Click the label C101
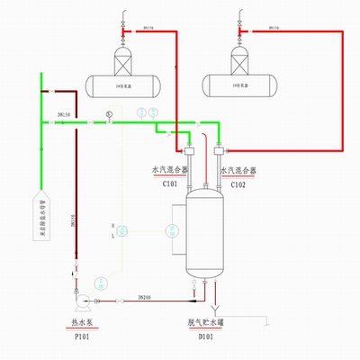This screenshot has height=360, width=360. click(x=168, y=184)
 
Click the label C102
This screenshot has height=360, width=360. click(x=238, y=184)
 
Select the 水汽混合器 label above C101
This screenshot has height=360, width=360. click(x=168, y=170)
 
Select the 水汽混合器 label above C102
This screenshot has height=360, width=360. click(x=238, y=170)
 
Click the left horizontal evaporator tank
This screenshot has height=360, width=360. click(x=121, y=85)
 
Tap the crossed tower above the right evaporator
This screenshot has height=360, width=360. click(x=239, y=60)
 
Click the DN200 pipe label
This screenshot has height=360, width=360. click(x=143, y=294)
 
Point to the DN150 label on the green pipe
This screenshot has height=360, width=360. click(x=64, y=114)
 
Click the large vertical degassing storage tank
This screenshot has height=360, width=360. click(x=206, y=231)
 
